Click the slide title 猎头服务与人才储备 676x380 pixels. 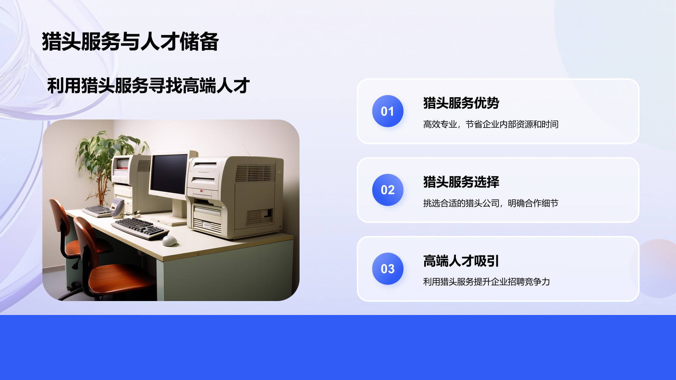pyautogui.click(x=130, y=42)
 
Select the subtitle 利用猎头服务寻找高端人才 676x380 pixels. pyautogui.click(x=148, y=86)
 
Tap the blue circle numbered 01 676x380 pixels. pyautogui.click(x=387, y=111)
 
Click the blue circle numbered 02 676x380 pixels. pyautogui.click(x=387, y=190)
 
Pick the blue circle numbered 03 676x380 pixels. pyautogui.click(x=387, y=269)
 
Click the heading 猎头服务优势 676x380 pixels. pyautogui.click(x=461, y=103)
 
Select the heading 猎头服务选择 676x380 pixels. pyautogui.click(x=461, y=182)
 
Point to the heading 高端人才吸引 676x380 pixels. pyautogui.click(x=461, y=261)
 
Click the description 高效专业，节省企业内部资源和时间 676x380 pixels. pyautogui.click(x=491, y=124)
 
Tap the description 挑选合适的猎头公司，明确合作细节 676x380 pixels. pyautogui.click(x=491, y=203)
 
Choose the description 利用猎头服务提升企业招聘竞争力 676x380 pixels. pyautogui.click(x=486, y=282)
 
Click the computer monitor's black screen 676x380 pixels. pyautogui.click(x=169, y=174)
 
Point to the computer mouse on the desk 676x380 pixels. pyautogui.click(x=169, y=240)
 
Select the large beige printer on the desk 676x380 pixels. pyautogui.click(x=237, y=196)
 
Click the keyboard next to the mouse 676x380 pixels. pyautogui.click(x=139, y=228)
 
